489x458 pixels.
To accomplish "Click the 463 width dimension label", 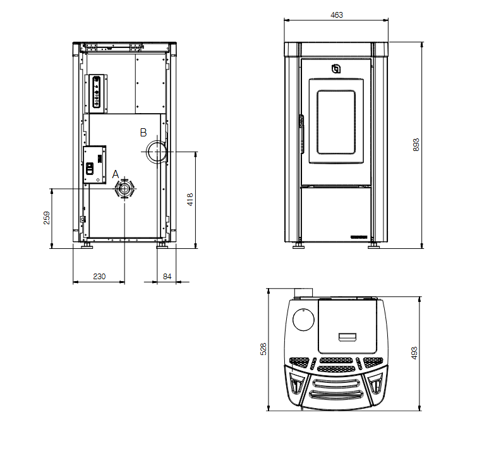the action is pyautogui.click(x=337, y=15).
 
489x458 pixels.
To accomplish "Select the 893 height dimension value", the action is pyautogui.click(x=416, y=145).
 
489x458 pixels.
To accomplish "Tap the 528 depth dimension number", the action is pyautogui.click(x=263, y=349).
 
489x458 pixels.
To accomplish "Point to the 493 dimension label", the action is pyautogui.click(x=414, y=353).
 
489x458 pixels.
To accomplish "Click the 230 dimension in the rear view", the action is pyautogui.click(x=99, y=276).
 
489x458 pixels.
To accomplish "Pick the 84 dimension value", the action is pyautogui.click(x=167, y=276).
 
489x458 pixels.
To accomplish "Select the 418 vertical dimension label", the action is pyautogui.click(x=190, y=199).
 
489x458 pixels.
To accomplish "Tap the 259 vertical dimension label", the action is pyautogui.click(x=47, y=217).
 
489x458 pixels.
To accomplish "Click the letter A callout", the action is pyautogui.click(x=116, y=174).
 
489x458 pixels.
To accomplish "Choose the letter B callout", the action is pyautogui.click(x=143, y=133).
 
